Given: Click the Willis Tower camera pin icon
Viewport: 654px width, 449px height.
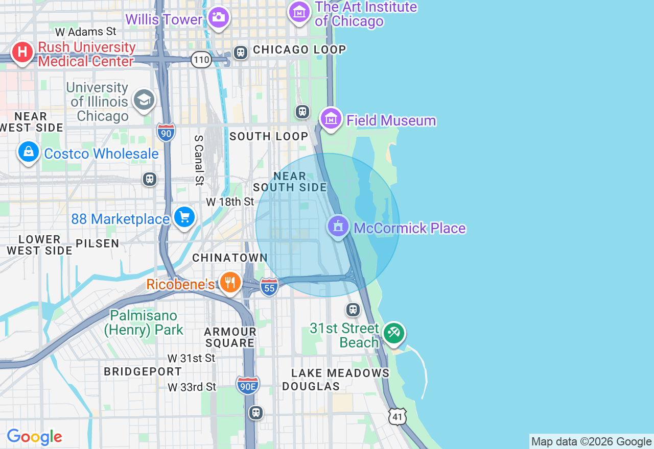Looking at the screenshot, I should [219, 18].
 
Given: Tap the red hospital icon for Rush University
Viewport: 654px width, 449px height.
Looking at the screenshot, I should [22, 53].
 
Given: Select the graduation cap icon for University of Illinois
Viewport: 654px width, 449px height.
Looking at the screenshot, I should [144, 100].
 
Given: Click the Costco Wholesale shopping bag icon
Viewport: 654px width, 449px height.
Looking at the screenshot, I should [29, 152].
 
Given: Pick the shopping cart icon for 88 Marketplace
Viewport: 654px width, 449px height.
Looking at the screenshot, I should [184, 217].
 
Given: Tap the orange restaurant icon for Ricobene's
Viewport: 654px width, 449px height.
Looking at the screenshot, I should [230, 282].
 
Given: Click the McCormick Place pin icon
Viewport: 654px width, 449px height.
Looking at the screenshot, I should [338, 226].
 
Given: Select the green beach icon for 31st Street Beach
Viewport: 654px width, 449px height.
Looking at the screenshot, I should [394, 334].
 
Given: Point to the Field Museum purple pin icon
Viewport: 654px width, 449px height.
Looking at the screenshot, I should [331, 119].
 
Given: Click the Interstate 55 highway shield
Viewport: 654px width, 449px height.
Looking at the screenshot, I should [269, 287].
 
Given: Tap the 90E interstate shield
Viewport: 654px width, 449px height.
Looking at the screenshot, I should [248, 385].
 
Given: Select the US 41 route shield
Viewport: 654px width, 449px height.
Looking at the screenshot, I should [397, 416].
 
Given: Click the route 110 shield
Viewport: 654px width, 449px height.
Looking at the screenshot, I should [202, 60].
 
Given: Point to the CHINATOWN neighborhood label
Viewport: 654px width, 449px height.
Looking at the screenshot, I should [230, 258].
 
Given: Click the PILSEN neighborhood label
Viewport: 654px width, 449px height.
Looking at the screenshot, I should [98, 243].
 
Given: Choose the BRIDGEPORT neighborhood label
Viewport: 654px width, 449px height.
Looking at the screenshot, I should [143, 371].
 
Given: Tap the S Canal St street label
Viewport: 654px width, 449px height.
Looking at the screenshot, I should [199, 159].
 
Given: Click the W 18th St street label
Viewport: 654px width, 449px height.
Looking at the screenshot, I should [230, 202].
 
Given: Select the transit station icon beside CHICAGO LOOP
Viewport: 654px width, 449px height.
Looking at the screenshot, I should [240, 52].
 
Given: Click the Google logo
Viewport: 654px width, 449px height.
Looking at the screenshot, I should [34, 437].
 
